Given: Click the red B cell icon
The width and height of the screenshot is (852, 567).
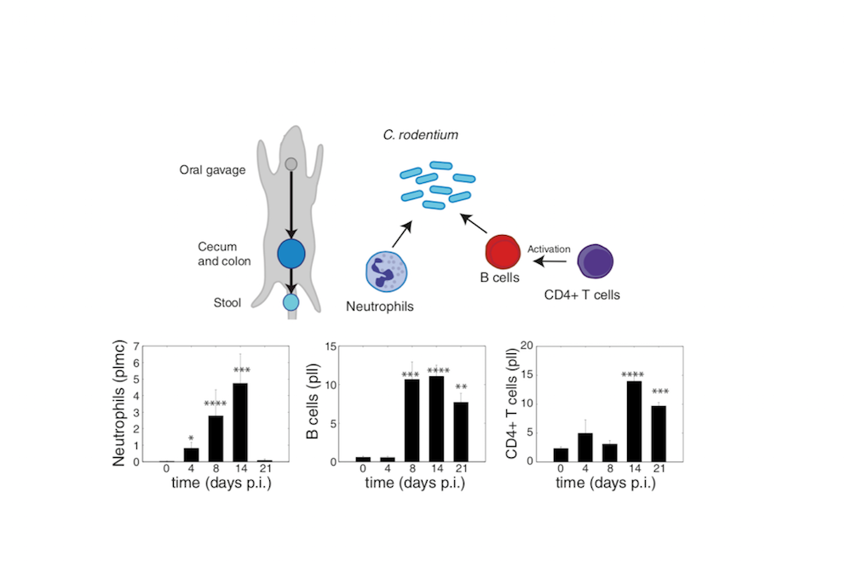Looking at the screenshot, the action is point(503,253).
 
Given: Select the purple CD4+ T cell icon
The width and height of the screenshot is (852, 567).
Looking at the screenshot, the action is point(595,261).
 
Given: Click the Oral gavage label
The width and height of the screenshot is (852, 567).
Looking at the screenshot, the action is point(212,169).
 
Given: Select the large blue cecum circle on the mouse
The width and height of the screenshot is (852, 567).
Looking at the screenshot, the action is point(291,253).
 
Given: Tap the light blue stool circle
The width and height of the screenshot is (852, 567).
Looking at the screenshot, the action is point(291,301).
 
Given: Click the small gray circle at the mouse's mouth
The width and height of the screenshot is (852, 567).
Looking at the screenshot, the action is point(291,163).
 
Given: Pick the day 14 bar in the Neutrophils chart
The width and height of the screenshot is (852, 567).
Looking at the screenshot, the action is point(240,422).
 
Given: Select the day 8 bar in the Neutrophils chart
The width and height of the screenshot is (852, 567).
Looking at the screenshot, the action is point(216,438).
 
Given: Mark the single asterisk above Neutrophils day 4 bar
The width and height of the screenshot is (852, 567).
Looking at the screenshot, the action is point(191,439).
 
